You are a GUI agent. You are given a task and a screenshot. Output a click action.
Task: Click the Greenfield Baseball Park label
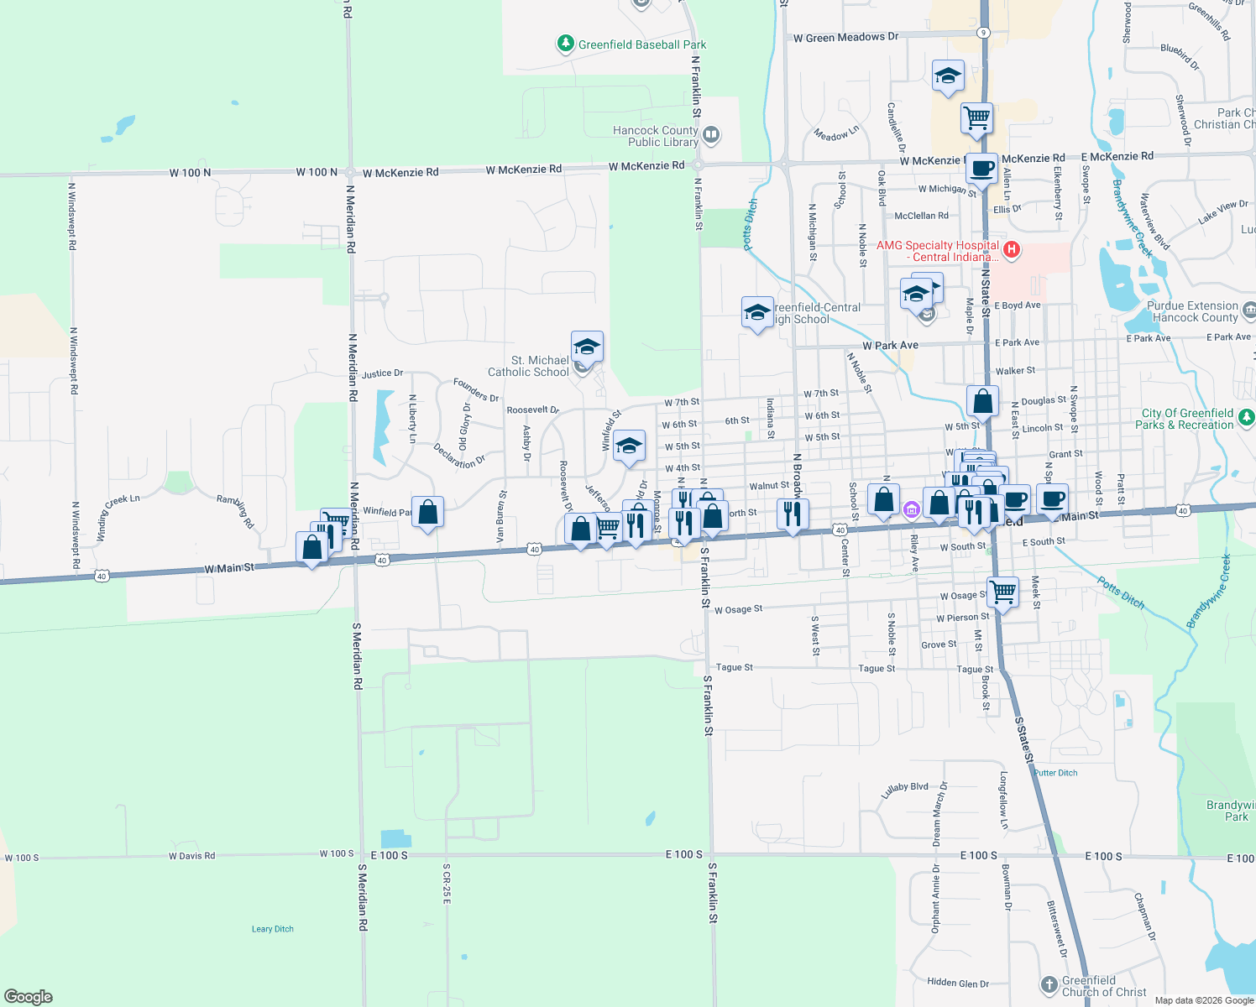pyautogui.click(x=641, y=44)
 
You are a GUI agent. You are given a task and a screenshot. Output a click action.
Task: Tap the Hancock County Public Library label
pyautogui.click(x=656, y=136)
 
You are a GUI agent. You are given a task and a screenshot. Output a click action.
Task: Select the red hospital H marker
pyautogui.click(x=1012, y=249)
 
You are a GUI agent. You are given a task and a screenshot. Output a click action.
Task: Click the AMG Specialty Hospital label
pyautogui.click(x=938, y=251)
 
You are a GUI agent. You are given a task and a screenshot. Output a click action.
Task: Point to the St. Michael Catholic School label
pyautogui.click(x=529, y=366)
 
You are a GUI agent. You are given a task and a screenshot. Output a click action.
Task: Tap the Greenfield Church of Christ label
pyautogui.click(x=1103, y=986)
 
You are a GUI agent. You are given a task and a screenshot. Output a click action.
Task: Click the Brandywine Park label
pyautogui.click(x=1232, y=811)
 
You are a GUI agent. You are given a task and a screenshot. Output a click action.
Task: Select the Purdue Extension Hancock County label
pyautogui.click(x=1192, y=311)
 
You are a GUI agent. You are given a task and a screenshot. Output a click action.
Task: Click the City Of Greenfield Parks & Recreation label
pyautogui.click(x=1187, y=419)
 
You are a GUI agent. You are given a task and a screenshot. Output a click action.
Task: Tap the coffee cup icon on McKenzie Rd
pyautogui.click(x=981, y=168)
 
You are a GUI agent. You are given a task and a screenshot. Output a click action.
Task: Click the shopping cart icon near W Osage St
pyautogui.click(x=1002, y=592)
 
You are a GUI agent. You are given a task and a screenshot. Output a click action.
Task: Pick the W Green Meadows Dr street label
pyautogui.click(x=845, y=37)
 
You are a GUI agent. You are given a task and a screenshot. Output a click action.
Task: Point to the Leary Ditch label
pyautogui.click(x=273, y=929)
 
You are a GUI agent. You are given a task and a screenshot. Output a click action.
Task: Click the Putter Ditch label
pyautogui.click(x=1055, y=773)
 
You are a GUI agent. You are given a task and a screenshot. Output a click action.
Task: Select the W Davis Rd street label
pyautogui.click(x=191, y=856)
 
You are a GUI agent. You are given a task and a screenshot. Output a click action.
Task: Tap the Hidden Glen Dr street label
pyautogui.click(x=958, y=983)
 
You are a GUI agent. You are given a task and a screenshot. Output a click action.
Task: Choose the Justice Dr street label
pyautogui.click(x=383, y=373)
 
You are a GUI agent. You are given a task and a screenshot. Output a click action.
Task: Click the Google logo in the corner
pyautogui.click(x=29, y=997)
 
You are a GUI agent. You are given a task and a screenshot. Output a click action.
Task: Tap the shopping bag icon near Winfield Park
pyautogui.click(x=427, y=512)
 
